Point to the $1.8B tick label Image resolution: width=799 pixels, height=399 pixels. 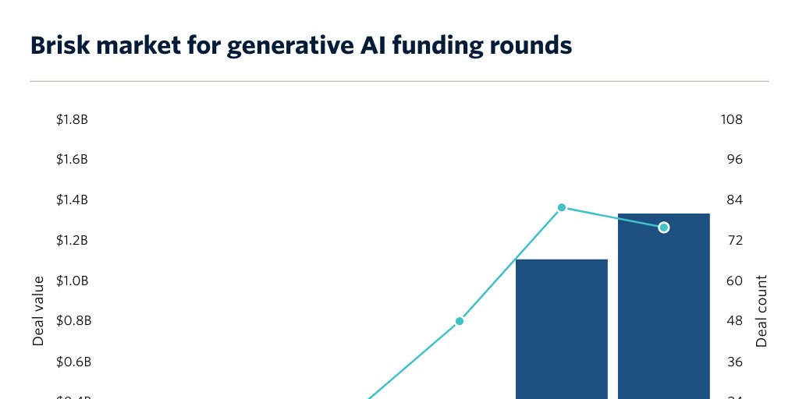(72, 120)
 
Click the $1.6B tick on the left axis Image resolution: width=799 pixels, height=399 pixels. (72, 160)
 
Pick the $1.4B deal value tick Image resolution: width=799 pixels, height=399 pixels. (72, 200)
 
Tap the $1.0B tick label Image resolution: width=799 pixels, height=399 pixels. (72, 281)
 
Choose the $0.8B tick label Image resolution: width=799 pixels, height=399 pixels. (72, 321)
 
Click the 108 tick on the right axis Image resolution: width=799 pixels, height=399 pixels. (732, 120)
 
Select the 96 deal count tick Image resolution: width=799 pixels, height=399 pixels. (733, 160)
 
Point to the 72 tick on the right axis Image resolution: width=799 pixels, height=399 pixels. (733, 240)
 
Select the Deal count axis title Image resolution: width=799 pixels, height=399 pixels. (762, 310)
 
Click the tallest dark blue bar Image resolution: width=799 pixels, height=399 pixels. (663, 312)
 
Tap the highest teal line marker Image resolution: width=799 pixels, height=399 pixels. (561, 207)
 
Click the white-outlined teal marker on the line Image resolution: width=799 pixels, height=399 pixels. (663, 227)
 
